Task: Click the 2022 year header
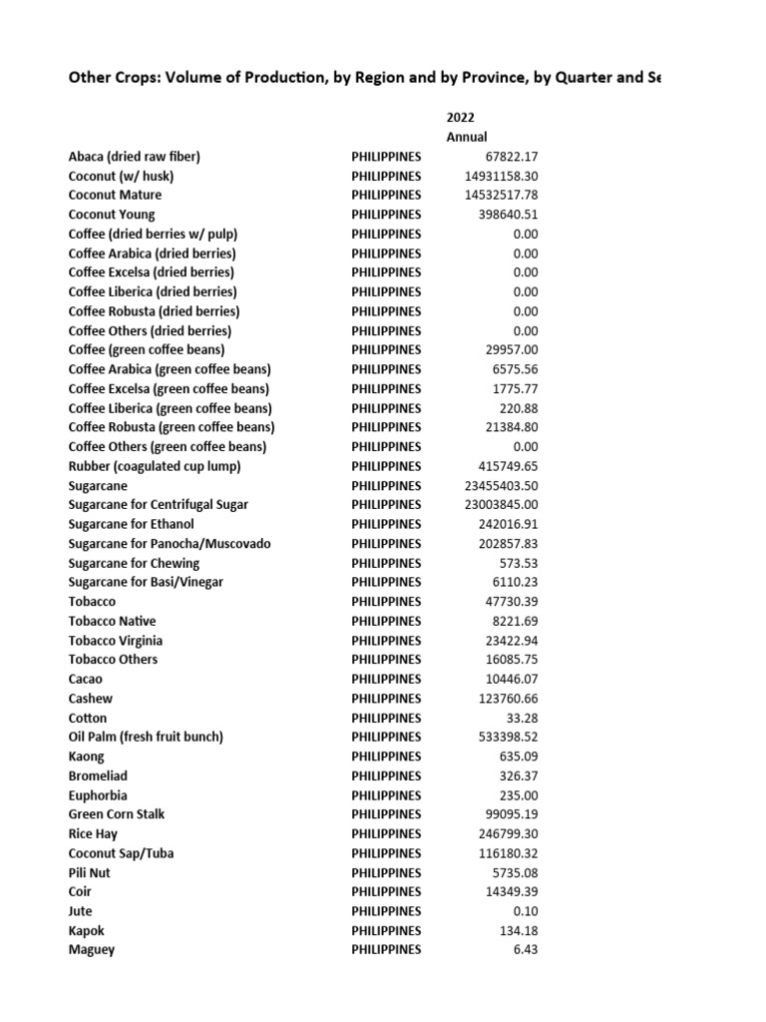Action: coord(460,118)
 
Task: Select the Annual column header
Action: coord(467,137)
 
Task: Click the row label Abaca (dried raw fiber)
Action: coord(135,157)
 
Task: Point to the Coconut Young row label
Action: coord(112,215)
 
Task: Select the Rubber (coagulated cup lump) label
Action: coord(155,466)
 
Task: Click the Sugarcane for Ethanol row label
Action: coord(132,524)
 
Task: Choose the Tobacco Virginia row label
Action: coord(116,641)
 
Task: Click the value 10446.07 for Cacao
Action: coord(508,679)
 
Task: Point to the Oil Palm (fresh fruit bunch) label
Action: coord(146,737)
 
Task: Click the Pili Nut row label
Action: coord(90,872)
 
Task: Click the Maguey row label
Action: coord(92,950)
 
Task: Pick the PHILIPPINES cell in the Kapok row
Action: coord(386,930)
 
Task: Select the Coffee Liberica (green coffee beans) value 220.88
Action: coord(519,408)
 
